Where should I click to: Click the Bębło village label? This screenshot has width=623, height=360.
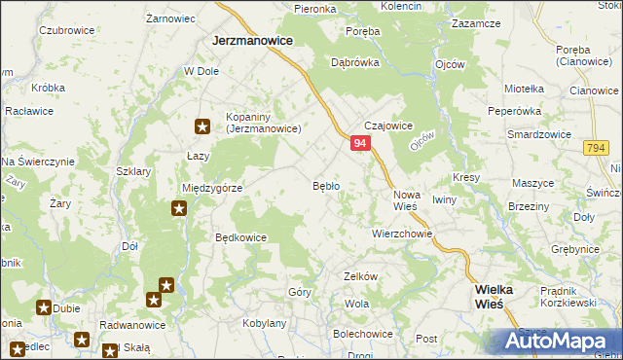(x=325, y=185)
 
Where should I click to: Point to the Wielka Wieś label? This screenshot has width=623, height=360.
(x=502, y=297)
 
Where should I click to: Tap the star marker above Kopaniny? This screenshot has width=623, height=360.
(x=202, y=126)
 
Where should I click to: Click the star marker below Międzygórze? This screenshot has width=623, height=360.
(x=179, y=207)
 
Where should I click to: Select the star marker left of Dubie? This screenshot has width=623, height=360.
(x=44, y=307)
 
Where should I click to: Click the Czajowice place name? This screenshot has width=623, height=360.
(x=389, y=126)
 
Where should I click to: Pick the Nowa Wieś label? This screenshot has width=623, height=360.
(x=406, y=201)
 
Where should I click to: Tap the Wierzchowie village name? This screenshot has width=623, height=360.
(x=402, y=234)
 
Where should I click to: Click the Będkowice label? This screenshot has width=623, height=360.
(x=240, y=236)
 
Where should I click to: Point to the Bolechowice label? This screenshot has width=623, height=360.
(x=363, y=333)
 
